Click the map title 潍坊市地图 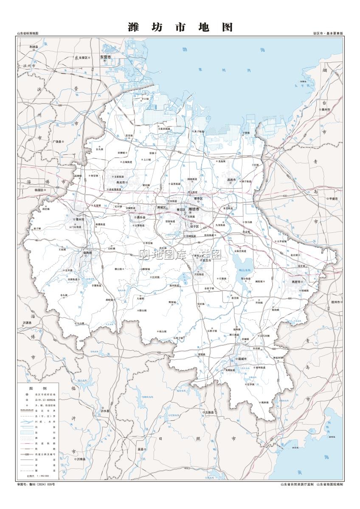click(180, 27)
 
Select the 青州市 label click(79, 220)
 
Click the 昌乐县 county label click(141, 217)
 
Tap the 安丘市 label click(207, 260)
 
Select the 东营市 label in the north click(105, 56)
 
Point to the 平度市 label click(332, 198)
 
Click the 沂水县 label click(104, 411)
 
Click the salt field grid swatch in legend click(26, 432)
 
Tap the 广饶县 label click(57, 142)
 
